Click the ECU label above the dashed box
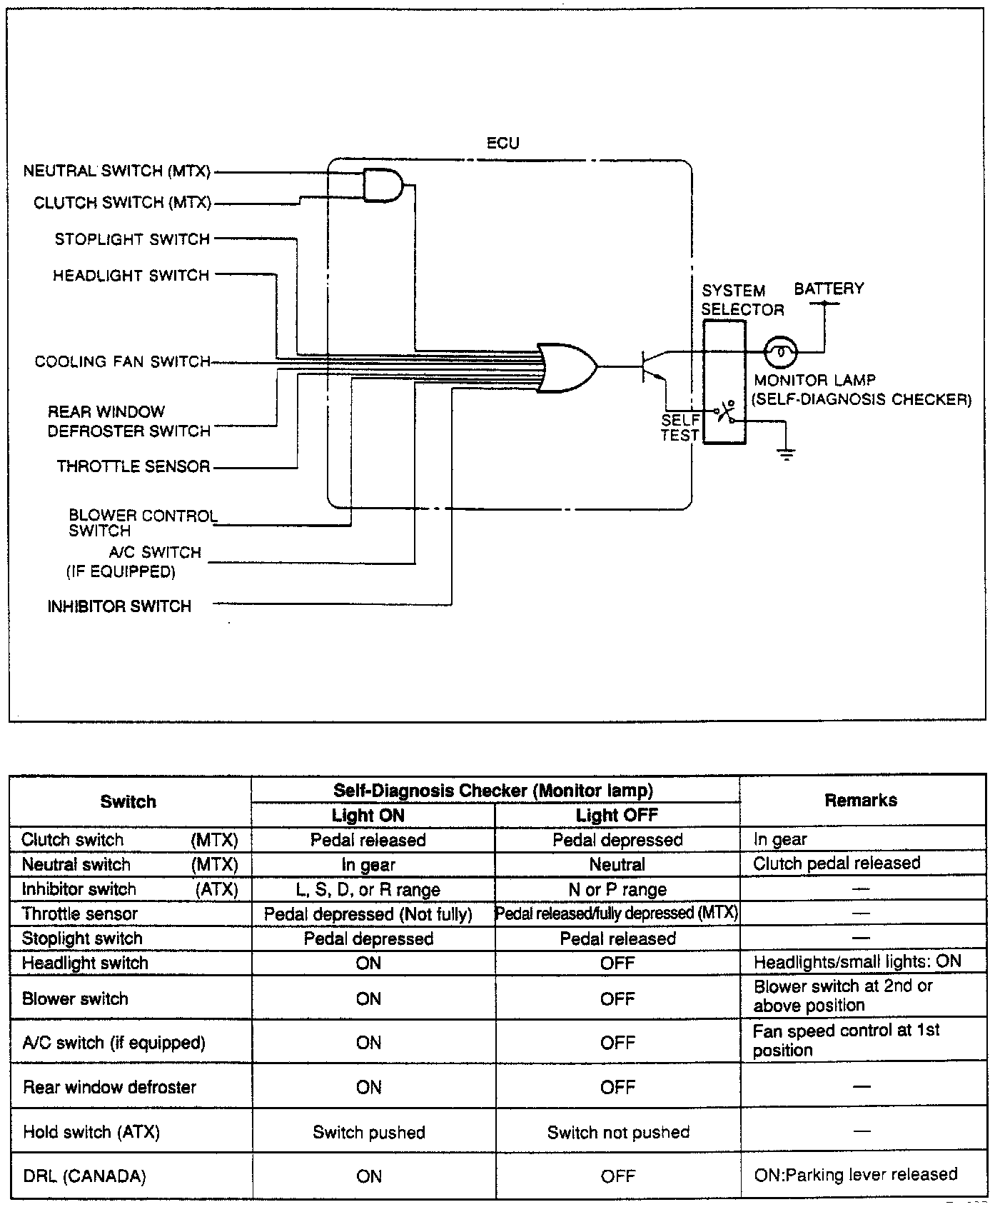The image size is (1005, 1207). tap(502, 143)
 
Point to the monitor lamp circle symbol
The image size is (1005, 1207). tap(781, 351)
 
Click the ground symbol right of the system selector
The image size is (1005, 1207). tap(786, 453)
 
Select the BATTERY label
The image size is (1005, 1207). tap(829, 289)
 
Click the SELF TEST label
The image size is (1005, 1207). tap(680, 428)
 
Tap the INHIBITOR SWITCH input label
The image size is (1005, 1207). tap(119, 606)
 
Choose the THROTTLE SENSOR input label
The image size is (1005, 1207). tap(133, 467)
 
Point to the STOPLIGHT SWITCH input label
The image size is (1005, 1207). tap(132, 239)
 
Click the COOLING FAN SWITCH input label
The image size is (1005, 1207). tap(122, 362)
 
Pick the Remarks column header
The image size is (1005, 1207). tap(861, 801)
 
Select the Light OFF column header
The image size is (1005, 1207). tap(617, 815)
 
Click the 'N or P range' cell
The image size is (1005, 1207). tap(617, 890)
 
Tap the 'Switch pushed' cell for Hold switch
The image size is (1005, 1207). tap(369, 1133)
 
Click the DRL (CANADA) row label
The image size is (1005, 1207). tap(84, 1176)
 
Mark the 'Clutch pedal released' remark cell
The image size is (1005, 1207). tap(837, 863)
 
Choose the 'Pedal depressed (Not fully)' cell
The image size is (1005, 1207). tap(368, 914)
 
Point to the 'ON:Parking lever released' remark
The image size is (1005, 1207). tap(855, 1175)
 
